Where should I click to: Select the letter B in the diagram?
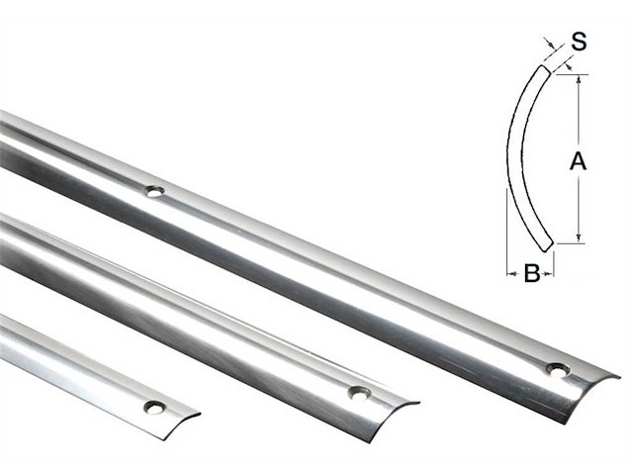(530, 274)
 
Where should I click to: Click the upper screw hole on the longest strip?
(153, 190)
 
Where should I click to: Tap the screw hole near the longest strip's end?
(558, 369)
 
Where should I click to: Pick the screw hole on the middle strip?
(357, 393)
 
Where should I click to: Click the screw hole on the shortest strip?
(153, 406)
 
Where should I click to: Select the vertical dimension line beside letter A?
(579, 119)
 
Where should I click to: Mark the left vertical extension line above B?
(506, 237)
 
